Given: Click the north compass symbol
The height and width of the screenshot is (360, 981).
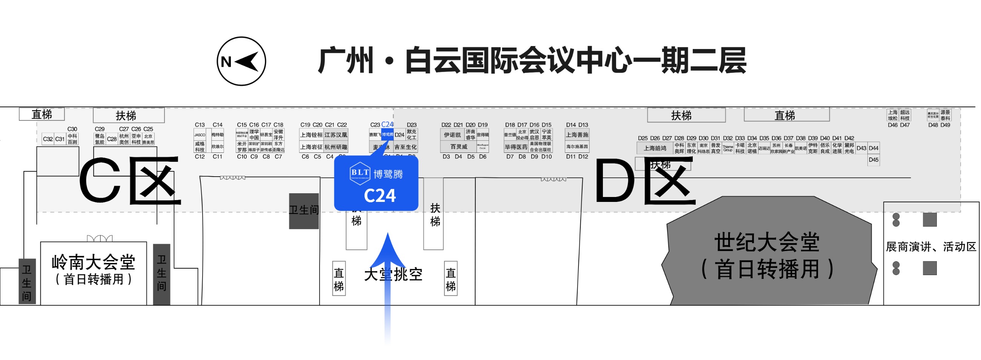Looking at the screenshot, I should (241, 62).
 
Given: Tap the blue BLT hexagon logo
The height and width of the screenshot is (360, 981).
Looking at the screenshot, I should (360, 173).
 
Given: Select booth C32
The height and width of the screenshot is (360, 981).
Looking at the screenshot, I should (48, 139).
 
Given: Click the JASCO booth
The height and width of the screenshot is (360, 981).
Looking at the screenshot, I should (200, 135).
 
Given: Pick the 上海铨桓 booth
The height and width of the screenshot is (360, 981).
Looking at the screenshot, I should (311, 135).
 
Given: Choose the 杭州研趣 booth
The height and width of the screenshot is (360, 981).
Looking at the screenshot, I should (335, 147).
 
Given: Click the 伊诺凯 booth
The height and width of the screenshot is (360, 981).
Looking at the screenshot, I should (452, 135).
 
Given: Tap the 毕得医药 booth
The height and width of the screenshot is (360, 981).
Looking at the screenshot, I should (516, 147).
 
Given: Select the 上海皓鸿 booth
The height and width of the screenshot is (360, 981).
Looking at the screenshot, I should (655, 148).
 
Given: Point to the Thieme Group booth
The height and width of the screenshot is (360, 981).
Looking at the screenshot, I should (728, 148).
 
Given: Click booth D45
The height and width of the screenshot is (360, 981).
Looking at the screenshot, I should (873, 160).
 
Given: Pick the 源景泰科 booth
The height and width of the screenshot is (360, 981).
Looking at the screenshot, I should (945, 115).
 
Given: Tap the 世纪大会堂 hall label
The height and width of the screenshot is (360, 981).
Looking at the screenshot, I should (767, 242).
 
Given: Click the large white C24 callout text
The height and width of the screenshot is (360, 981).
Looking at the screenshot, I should (380, 196).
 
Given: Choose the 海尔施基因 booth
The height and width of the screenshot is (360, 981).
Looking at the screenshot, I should (577, 147).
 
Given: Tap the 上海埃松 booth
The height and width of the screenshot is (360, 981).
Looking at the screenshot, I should (893, 115).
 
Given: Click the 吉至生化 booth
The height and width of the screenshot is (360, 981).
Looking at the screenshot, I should (405, 147).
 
